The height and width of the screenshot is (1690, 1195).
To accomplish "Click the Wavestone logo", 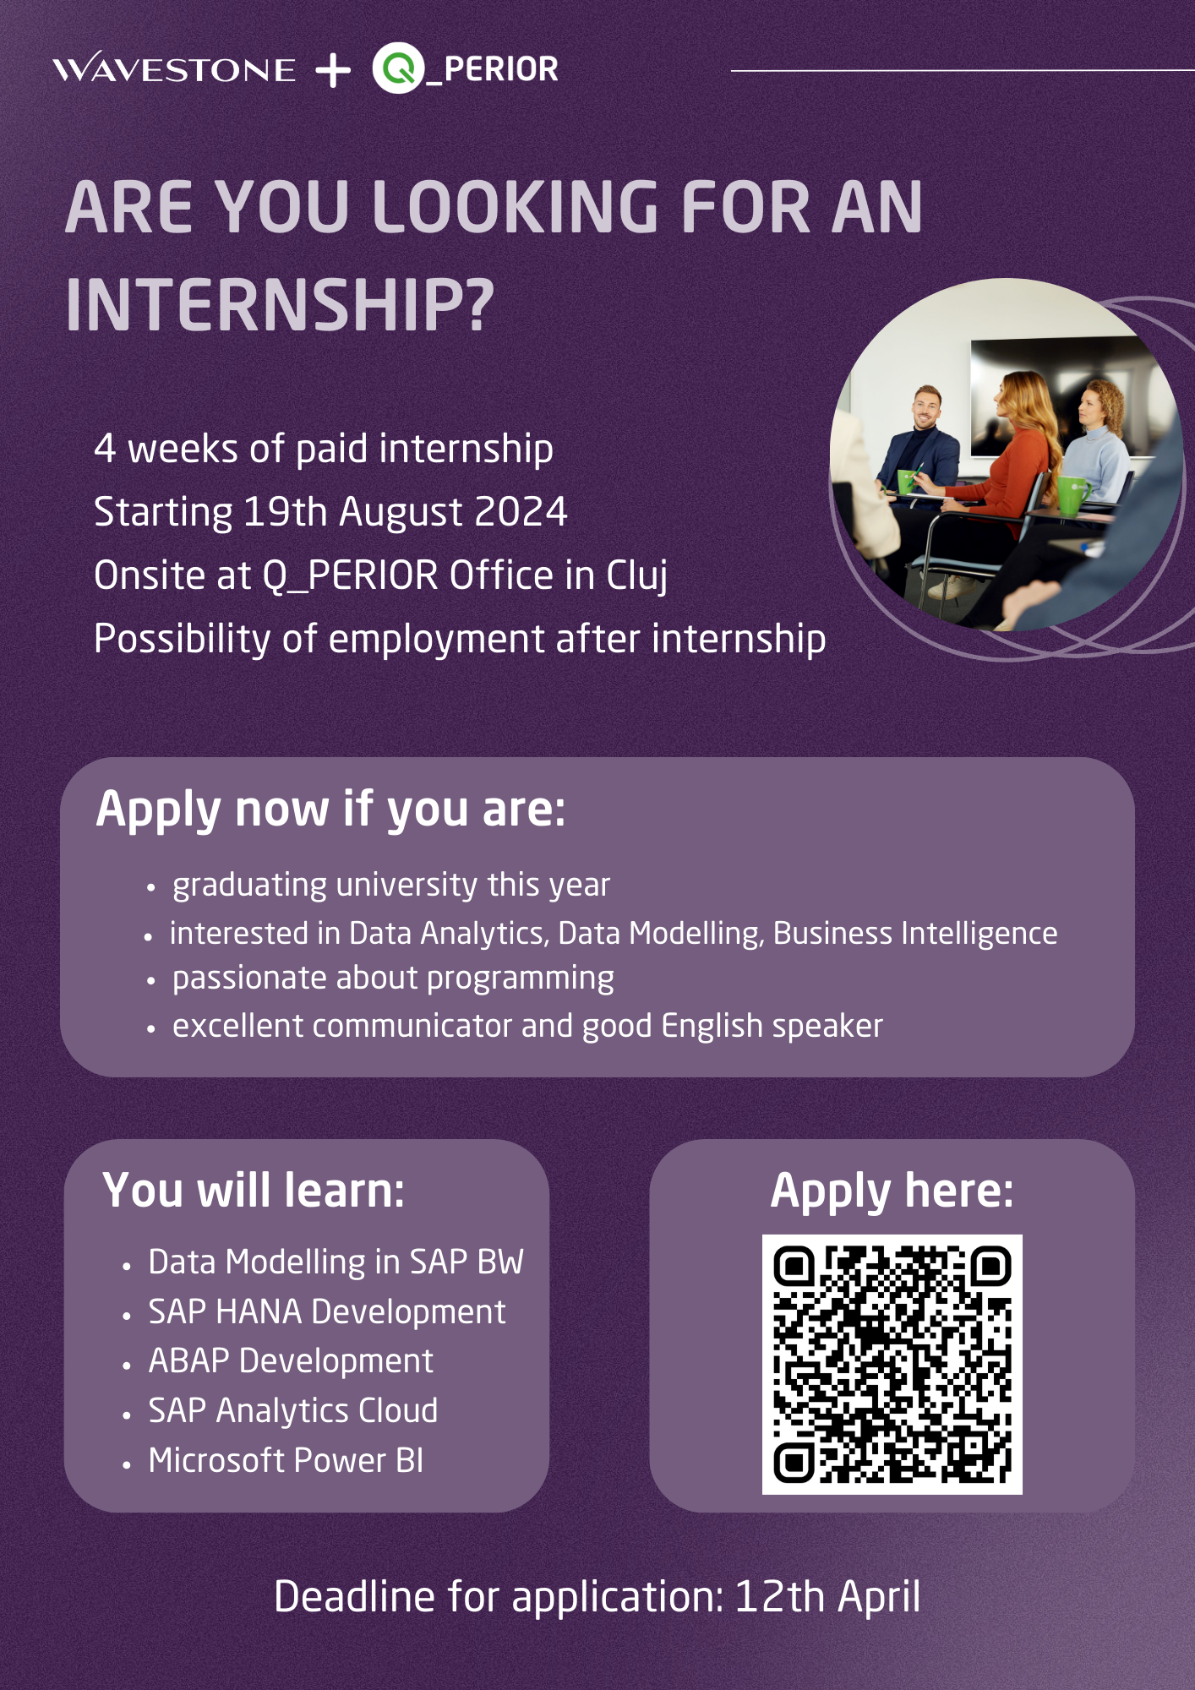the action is [x=174, y=68].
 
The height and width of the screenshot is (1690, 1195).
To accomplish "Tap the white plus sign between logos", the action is [x=333, y=70].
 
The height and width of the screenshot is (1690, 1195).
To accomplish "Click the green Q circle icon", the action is [x=398, y=68].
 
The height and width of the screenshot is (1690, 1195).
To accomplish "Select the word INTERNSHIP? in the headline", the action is [x=280, y=305].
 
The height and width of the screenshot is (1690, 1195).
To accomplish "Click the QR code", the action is [x=892, y=1364].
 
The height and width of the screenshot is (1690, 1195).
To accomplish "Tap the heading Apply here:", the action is [x=892, y=1191].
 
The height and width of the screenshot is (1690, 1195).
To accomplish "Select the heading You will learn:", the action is [x=254, y=1191].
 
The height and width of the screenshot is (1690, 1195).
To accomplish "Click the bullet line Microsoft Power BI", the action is [x=286, y=1460].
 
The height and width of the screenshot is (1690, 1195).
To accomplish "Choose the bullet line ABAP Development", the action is [x=291, y=1361].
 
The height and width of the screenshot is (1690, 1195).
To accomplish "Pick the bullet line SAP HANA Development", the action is [x=327, y=1311].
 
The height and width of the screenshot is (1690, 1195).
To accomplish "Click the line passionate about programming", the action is [x=393, y=979].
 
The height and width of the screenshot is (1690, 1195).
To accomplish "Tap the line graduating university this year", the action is [x=391, y=885].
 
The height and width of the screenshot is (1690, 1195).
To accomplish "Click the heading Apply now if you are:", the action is [x=330, y=810].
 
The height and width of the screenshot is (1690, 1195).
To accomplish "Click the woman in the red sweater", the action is [x=1006, y=473].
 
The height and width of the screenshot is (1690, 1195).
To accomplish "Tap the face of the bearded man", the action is [x=927, y=411].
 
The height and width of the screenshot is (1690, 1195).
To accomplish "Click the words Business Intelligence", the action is [x=915, y=933].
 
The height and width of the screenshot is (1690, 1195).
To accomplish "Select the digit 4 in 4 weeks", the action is [x=105, y=449].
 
